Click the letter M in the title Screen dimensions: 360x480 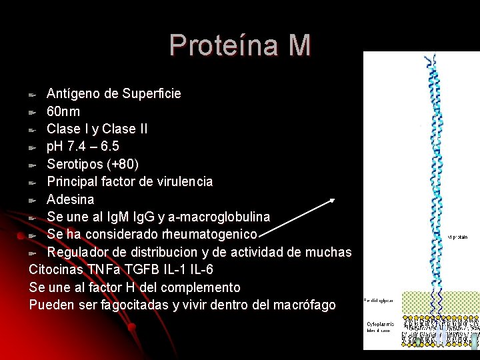[x=300, y=45]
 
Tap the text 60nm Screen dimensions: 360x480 [x=63, y=111]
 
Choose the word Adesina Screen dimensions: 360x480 [x=70, y=199]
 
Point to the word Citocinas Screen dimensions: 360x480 [x=57, y=269]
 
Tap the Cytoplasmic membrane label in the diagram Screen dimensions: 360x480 [x=380, y=327]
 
